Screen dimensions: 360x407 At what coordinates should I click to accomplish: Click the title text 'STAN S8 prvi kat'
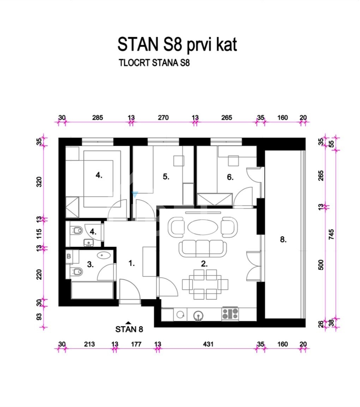pos(177,45)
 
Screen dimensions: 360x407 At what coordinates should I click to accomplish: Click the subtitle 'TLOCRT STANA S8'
pos(154,63)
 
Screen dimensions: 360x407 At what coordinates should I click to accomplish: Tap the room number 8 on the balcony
pos(283,239)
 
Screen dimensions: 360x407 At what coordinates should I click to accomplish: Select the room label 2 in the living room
pos(204,264)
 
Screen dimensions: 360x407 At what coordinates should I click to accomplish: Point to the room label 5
pos(166,177)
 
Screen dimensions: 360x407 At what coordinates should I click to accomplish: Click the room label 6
pos(230,177)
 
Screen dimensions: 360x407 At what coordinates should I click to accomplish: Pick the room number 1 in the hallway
pos(132,263)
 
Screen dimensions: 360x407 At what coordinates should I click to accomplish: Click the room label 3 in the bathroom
pos(90,265)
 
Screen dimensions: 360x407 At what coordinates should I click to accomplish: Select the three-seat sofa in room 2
pos(203,248)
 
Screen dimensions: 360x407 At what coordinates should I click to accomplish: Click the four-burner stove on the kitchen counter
pos(230,314)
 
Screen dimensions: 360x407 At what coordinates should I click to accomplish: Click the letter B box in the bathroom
pos(69,256)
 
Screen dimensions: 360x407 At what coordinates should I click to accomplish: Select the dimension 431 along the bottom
pos(208,344)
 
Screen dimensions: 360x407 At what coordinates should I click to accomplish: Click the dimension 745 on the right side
pos(331,235)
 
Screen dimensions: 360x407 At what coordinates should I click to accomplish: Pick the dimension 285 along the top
pos(98,118)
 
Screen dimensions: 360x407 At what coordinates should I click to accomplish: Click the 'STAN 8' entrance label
pos(129,329)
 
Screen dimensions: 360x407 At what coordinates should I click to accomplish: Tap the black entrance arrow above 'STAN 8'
pos(128,323)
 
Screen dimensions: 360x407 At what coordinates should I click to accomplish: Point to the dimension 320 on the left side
pos(39,182)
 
